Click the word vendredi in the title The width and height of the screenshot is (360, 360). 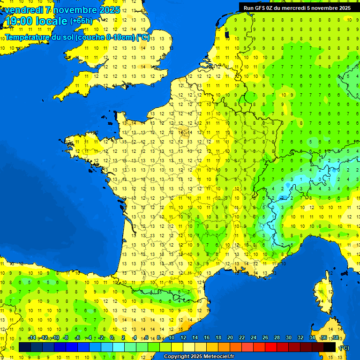pyautogui.click(x=23, y=10)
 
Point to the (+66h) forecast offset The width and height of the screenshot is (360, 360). pyautogui.click(x=81, y=21)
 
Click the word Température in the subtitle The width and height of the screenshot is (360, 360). pyautogui.click(x=29, y=37)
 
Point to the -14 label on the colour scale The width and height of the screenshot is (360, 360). pyautogui.click(x=32, y=338)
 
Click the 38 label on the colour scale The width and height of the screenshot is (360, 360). pyautogui.click(x=335, y=338)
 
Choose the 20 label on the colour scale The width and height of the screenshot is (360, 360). pyautogui.click(x=230, y=338)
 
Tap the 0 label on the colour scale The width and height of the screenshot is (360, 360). pyautogui.click(x=112, y=338)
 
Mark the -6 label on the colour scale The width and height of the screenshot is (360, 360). pyautogui.click(x=77, y=338)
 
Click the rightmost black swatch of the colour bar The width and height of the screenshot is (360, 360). pyautogui.click(x=330, y=347)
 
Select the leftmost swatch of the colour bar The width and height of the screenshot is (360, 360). pyautogui.click(x=25, y=347)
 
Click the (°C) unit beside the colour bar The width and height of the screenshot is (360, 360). pyautogui.click(x=344, y=347)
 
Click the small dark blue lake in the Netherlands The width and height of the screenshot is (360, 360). pyautogui.click(x=227, y=34)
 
